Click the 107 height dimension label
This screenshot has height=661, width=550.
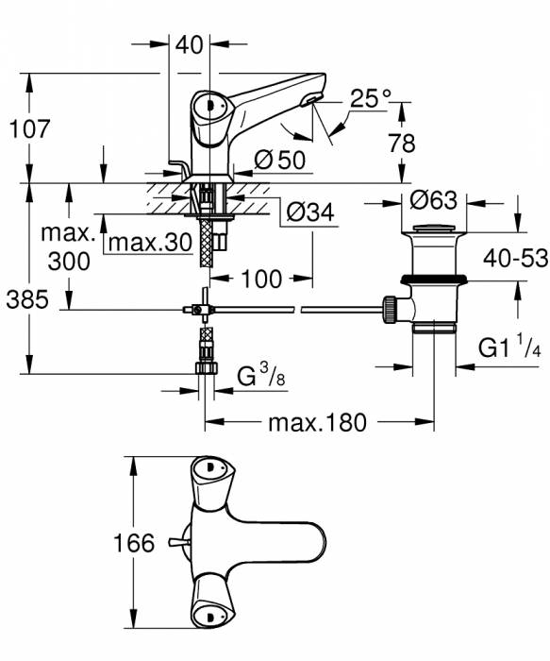click(x=31, y=128)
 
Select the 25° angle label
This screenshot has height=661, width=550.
click(x=370, y=98)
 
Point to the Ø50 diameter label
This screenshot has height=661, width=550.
click(x=279, y=160)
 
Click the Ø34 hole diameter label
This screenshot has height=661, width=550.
click(x=308, y=213)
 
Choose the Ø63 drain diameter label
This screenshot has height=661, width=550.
click(x=434, y=200)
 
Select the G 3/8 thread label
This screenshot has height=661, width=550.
click(x=259, y=378)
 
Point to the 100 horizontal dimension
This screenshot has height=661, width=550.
click(x=260, y=280)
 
